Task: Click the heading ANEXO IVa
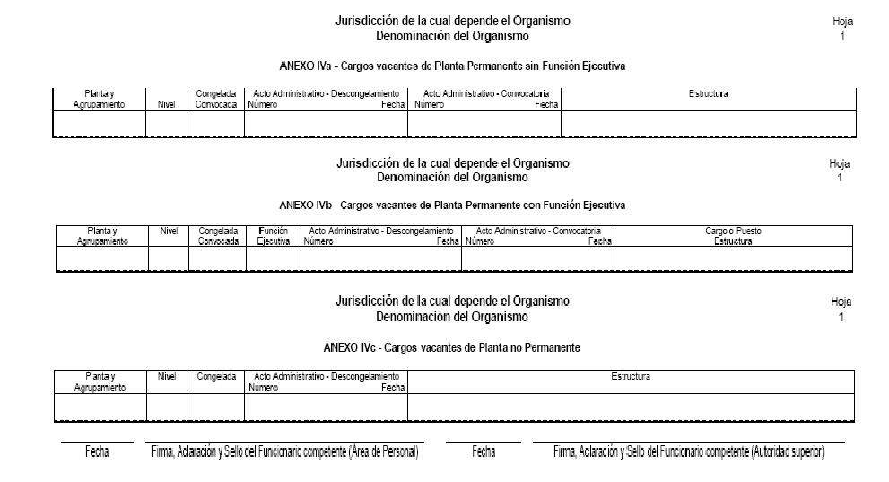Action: pyautogui.click(x=452, y=66)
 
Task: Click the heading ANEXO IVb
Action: pyautogui.click(x=452, y=206)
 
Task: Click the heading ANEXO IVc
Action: pyautogui.click(x=451, y=347)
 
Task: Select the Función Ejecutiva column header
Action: pyautogui.click(x=273, y=236)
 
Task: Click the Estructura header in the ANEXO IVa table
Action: pyautogui.click(x=708, y=93)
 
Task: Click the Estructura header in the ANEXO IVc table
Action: pyautogui.click(x=631, y=377)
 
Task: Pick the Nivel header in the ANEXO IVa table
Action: pyautogui.click(x=166, y=104)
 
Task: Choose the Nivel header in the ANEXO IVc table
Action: pyautogui.click(x=167, y=377)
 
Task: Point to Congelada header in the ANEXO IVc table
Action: pyautogui.click(x=216, y=377)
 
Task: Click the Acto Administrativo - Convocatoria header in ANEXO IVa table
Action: pyautogui.click(x=485, y=93)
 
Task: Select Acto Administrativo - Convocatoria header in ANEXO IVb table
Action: pyautogui.click(x=537, y=231)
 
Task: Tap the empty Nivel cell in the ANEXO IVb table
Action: pyautogui.click(x=169, y=259)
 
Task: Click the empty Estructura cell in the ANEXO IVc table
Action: pyautogui.click(x=631, y=408)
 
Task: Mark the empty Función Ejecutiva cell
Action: pyautogui.click(x=273, y=259)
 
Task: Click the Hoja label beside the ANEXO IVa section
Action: pyautogui.click(x=842, y=22)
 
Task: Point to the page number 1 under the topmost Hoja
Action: pyautogui.click(x=842, y=37)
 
